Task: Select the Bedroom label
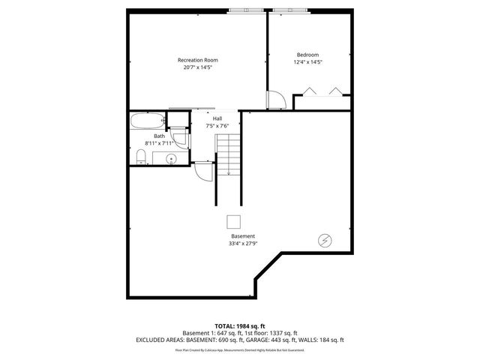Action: tap(307, 55)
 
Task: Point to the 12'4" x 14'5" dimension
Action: tap(307, 62)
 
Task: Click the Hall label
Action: tap(217, 118)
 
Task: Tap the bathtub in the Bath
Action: tap(146, 121)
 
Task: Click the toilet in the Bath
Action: tap(140, 156)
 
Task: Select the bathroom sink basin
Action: tap(170, 158)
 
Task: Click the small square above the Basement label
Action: tap(234, 221)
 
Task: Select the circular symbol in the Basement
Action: tap(325, 241)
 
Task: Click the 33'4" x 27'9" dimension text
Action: tap(242, 244)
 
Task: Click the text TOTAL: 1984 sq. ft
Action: tap(240, 325)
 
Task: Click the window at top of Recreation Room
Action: tap(246, 10)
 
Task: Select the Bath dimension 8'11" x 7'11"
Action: tap(159, 143)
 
